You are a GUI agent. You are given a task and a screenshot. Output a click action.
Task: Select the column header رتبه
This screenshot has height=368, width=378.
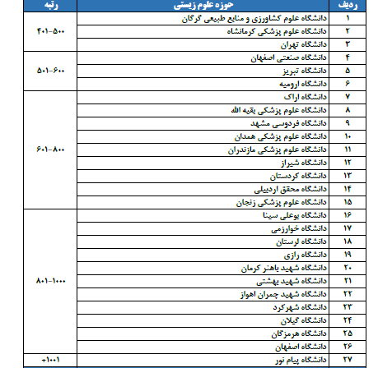coord(45,5)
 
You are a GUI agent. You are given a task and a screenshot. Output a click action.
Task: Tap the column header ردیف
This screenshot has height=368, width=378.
coord(348,5)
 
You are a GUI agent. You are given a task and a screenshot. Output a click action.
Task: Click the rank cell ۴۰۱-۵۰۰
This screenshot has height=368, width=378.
coord(45,32)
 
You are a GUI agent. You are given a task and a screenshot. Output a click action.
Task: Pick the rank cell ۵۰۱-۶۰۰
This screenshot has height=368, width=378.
coord(45,71)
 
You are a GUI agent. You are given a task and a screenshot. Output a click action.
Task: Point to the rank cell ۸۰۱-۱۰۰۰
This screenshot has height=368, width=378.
coord(45,282)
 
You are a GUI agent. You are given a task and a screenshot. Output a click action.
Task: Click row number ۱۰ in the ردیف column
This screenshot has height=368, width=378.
coord(348,136)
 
